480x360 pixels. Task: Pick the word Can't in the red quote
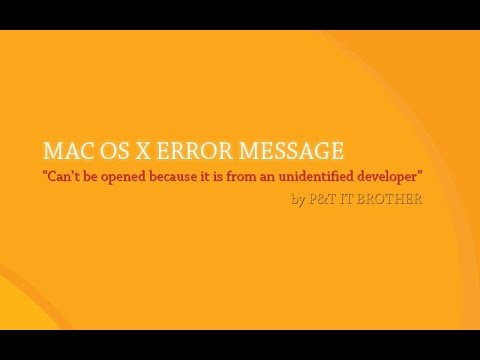(x=67, y=178)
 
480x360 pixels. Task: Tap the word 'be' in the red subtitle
(x=98, y=178)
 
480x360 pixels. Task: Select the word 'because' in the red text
(x=188, y=178)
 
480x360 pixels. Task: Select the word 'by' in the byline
(x=297, y=200)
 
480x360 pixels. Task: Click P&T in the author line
(x=322, y=199)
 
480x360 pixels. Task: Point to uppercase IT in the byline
(x=351, y=199)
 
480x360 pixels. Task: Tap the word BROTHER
(x=392, y=199)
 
